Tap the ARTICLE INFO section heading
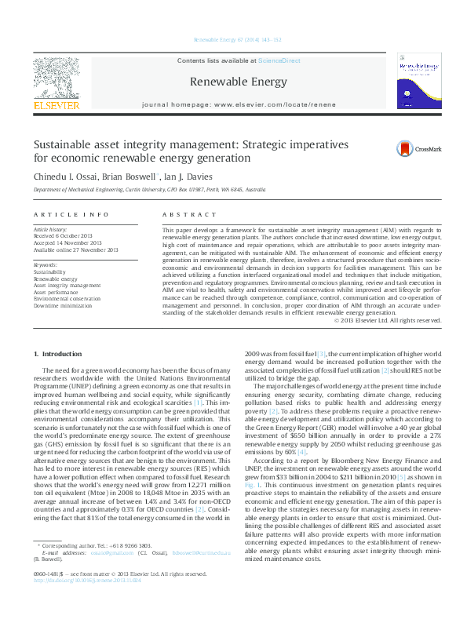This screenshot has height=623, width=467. [x=71, y=213]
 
